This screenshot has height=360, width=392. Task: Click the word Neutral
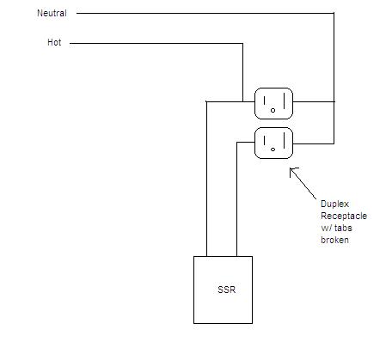(x=52, y=13)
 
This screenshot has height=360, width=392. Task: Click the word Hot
(x=54, y=42)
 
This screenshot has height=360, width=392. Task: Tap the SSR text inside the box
(x=226, y=290)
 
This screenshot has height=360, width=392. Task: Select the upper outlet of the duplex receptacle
(x=273, y=103)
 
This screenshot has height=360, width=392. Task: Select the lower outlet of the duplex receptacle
(x=273, y=143)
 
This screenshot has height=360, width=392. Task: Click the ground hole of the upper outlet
(x=273, y=110)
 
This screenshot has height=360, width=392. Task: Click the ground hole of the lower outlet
(x=273, y=149)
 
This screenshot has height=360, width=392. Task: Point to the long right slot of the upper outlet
(x=284, y=101)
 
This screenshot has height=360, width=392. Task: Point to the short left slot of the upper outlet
(x=265, y=101)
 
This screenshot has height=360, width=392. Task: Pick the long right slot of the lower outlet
(x=284, y=140)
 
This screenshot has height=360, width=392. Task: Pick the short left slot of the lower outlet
(x=265, y=140)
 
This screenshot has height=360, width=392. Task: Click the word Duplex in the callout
(x=334, y=204)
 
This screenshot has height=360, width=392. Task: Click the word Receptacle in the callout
(x=344, y=216)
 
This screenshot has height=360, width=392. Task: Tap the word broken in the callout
(x=334, y=240)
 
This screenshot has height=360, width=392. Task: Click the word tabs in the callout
(x=343, y=228)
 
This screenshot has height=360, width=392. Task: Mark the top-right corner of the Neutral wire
(x=334, y=13)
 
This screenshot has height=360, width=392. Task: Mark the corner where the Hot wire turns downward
(x=242, y=44)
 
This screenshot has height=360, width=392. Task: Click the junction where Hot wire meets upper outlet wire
(x=242, y=101)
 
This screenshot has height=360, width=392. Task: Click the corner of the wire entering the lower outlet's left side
(x=237, y=142)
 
